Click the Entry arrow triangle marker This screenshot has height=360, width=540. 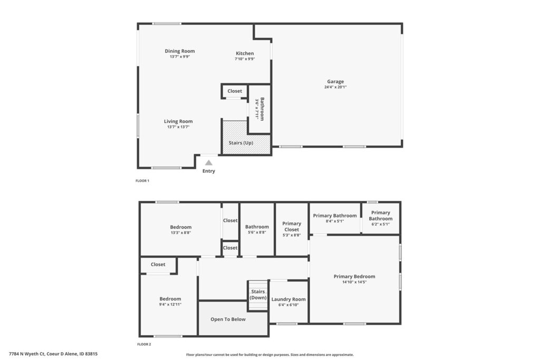coord(209,163)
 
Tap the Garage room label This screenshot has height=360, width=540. coord(335,82)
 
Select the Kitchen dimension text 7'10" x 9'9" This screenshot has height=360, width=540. coord(245,59)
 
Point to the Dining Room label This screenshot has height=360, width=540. coord(180,51)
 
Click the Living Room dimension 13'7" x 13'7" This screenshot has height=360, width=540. coord(178,127)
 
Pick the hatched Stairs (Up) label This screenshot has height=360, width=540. coord(241,143)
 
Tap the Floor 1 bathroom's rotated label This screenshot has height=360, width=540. coord(263,109)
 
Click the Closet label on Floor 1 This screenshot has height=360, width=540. coord(235,91)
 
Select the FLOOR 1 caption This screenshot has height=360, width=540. coord(142,181)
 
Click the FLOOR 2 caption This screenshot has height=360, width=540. coord(144,344)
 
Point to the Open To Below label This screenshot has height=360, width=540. coord(228,319)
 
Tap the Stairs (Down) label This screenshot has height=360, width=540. coord(258,295)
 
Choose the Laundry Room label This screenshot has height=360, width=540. coord(288,299)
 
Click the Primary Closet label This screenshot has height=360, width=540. coord(292,227)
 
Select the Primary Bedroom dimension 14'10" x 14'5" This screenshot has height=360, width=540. coord(354,282)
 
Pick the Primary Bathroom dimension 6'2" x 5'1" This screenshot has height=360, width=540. coord(381,224)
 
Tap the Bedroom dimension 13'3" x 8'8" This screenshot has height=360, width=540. coord(181,232)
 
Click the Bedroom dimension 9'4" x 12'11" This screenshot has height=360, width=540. coord(170,305)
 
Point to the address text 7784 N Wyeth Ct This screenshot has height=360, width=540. coord(27,354)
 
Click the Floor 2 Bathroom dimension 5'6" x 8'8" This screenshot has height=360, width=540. coord(257,232)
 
